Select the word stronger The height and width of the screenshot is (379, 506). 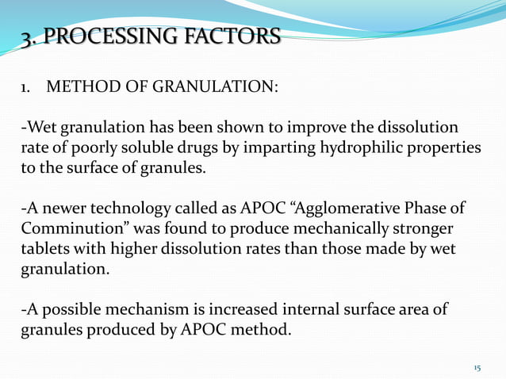coord(418,230)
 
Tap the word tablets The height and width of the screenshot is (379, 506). coord(43,250)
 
